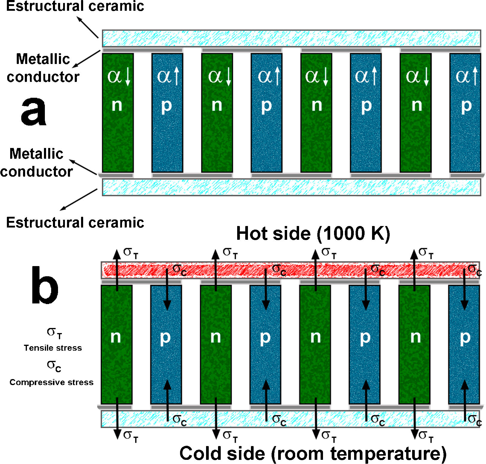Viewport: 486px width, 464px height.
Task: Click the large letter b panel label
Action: (x=45, y=286)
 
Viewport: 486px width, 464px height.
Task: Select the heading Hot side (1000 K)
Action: (x=313, y=233)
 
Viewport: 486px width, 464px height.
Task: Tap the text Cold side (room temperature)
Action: (x=313, y=454)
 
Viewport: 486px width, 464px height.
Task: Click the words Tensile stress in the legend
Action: (x=53, y=348)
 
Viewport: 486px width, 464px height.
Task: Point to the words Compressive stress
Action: (x=51, y=382)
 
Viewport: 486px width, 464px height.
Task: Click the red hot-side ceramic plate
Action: (x=290, y=270)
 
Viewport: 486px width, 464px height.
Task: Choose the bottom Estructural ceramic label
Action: (x=75, y=223)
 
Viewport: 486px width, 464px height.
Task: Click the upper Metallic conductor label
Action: (x=43, y=68)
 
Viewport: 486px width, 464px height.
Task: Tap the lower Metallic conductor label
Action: (x=36, y=163)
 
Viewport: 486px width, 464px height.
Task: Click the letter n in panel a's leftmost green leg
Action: (x=117, y=105)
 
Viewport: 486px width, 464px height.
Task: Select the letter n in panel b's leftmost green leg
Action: (x=116, y=337)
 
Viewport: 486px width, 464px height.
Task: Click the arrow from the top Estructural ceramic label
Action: (x=87, y=27)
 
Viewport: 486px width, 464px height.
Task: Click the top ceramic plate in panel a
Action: (x=291, y=38)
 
